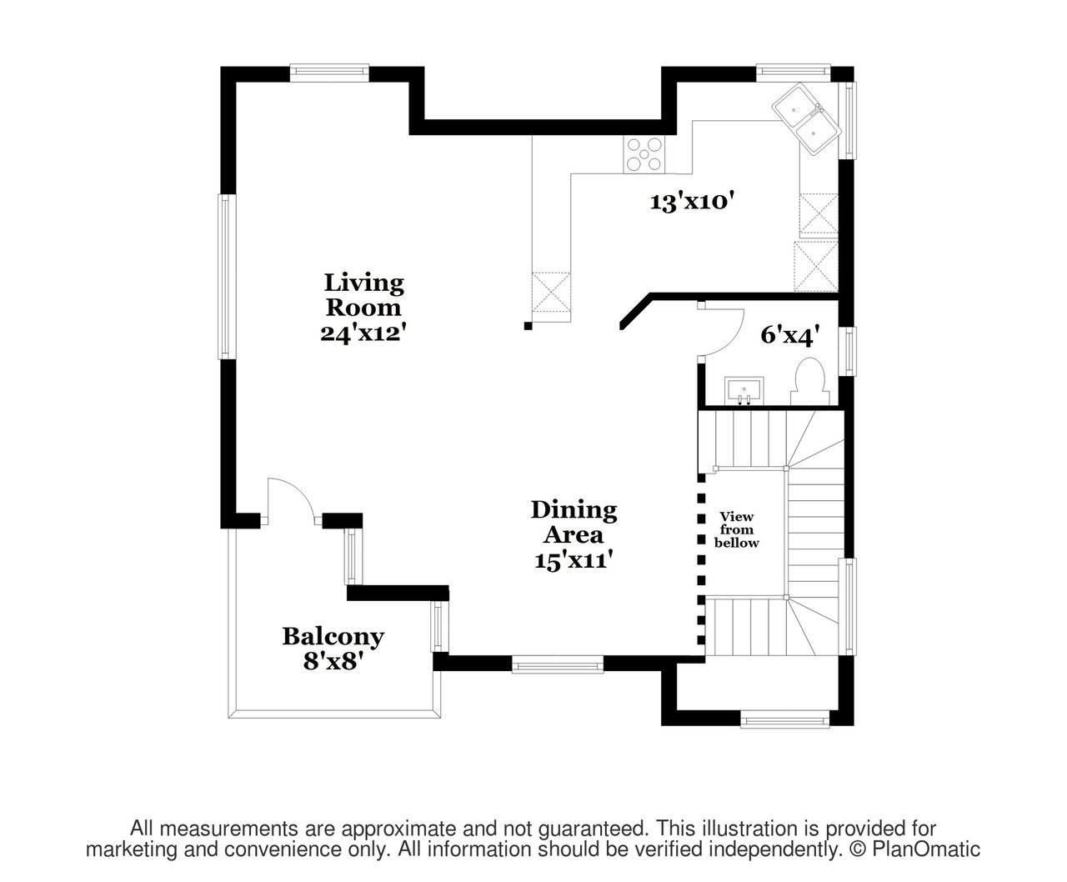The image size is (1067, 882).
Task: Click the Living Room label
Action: tap(363, 295)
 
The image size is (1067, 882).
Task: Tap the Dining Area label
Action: tap(574, 522)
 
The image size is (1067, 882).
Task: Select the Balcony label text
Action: tap(333, 637)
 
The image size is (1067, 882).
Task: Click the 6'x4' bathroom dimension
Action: tap(790, 335)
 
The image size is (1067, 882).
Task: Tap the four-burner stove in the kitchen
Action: tap(644, 155)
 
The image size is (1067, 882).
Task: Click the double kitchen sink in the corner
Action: tap(806, 118)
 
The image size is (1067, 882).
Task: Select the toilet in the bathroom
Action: tap(810, 382)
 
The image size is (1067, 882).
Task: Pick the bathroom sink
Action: tap(744, 392)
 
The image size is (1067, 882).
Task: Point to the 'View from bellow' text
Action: tap(736, 530)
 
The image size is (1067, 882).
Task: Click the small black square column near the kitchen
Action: tap(528, 325)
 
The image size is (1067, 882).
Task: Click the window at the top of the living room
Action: tap(329, 73)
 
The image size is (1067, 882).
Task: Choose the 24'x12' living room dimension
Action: tap(363, 333)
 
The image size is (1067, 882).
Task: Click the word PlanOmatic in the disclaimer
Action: tap(926, 849)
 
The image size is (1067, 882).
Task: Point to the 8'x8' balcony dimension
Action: tap(333, 661)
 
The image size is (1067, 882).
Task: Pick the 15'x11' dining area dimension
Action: tap(574, 560)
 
